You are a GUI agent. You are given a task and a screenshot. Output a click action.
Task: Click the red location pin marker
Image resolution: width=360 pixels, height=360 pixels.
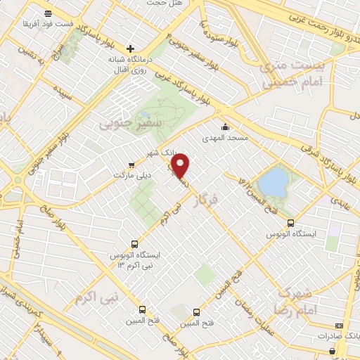click(x=181, y=165)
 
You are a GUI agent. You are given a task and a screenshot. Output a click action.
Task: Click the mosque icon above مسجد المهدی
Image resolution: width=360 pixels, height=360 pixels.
click(x=225, y=127)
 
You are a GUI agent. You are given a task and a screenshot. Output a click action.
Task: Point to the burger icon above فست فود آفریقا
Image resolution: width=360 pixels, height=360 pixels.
click(x=46, y=13)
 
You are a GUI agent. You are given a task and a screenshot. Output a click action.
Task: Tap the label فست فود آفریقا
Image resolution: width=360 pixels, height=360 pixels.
click(x=46, y=25)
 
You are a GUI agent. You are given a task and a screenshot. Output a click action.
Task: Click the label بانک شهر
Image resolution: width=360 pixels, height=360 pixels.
click(x=158, y=153)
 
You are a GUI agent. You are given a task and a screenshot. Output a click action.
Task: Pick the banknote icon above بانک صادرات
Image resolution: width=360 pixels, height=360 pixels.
click(x=339, y=326)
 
